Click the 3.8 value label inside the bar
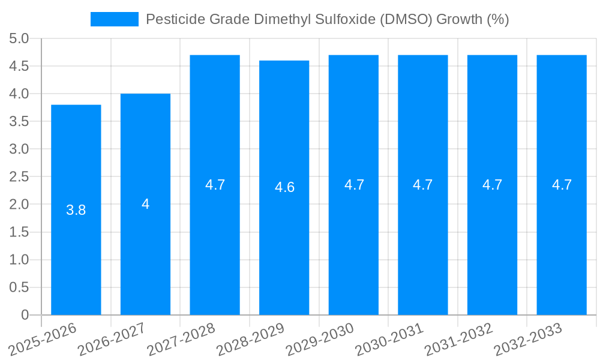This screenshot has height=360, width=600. [76, 210]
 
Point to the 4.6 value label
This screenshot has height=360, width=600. [284, 187]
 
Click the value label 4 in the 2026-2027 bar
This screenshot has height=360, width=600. [145, 204]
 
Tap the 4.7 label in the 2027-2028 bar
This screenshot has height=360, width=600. [215, 185]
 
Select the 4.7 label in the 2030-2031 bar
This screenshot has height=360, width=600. [422, 185]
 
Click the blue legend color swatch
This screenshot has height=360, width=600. [114, 19]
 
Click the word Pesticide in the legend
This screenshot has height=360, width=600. [170, 19]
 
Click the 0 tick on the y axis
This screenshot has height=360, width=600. [25, 314]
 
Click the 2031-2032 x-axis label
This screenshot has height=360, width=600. [459, 338]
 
